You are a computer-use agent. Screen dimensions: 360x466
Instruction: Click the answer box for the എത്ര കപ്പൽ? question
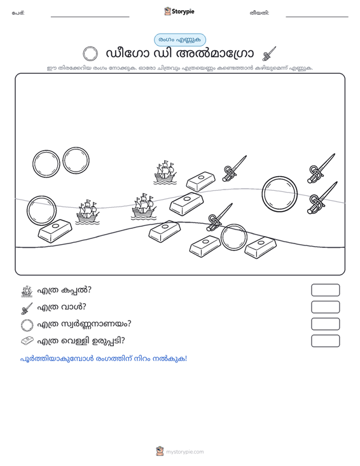click(x=325, y=290)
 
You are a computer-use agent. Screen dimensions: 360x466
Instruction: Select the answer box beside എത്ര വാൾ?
click(x=325, y=307)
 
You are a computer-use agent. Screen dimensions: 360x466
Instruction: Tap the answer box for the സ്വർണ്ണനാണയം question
click(x=325, y=324)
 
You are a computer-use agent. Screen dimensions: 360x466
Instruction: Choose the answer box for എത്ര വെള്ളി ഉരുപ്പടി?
click(x=325, y=341)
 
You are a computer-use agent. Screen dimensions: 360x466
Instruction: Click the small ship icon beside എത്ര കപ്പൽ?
click(x=27, y=291)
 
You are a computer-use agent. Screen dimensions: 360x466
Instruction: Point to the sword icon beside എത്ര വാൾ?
click(x=27, y=308)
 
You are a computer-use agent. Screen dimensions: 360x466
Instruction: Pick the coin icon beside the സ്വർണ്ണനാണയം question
click(x=27, y=325)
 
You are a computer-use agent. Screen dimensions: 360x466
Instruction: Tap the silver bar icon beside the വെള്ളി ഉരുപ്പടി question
click(x=27, y=341)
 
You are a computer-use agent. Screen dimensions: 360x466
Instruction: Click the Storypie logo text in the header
click(x=183, y=11)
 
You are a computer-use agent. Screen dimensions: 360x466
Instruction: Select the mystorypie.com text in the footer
click(x=184, y=452)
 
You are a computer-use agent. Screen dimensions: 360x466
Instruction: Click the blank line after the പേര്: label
click(x=90, y=17)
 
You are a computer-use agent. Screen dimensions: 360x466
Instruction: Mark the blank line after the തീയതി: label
click(x=317, y=17)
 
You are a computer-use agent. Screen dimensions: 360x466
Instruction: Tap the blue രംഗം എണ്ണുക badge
click(x=180, y=40)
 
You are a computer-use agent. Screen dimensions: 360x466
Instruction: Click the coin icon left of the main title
click(x=90, y=54)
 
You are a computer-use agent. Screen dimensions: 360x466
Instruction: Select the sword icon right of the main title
click(x=269, y=54)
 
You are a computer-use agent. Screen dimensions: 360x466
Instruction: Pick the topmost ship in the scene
click(x=165, y=172)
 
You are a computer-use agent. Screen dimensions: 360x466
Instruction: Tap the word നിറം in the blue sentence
click(x=142, y=359)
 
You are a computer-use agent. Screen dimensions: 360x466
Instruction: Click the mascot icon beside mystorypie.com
click(x=160, y=451)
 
